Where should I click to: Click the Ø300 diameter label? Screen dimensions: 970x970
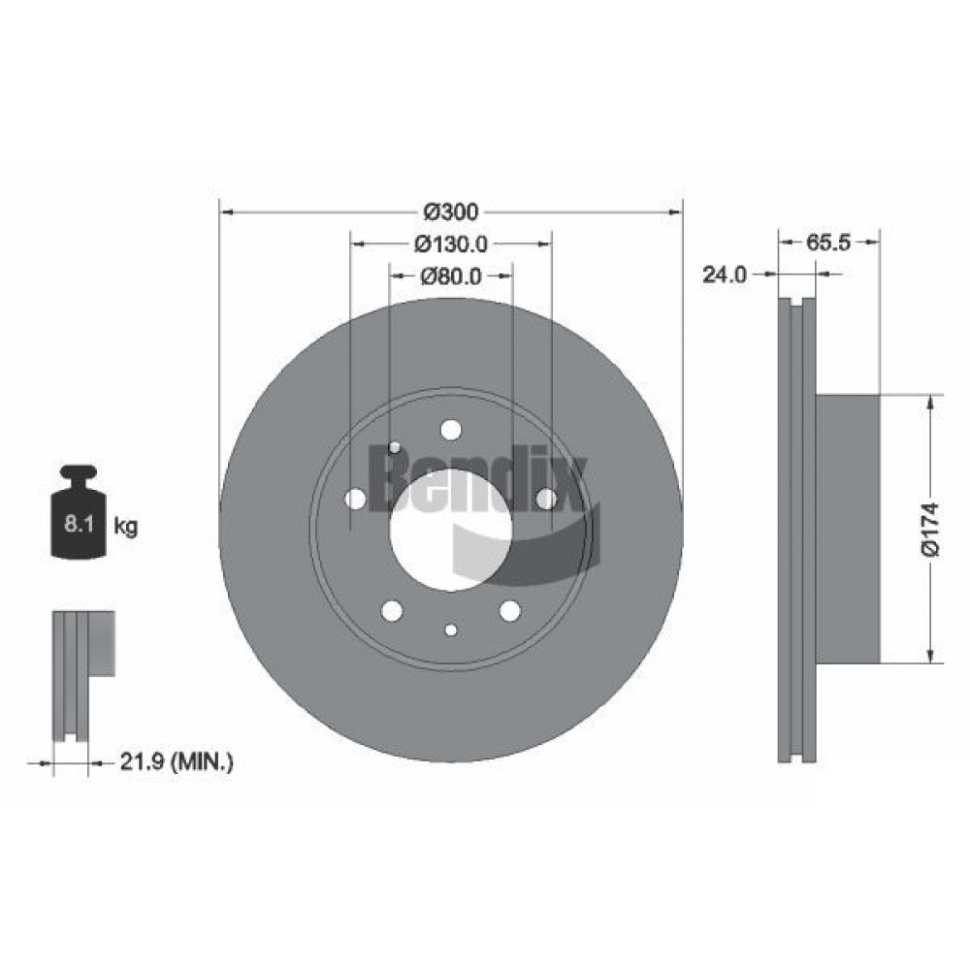(x=451, y=212)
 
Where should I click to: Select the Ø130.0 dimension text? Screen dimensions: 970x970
(x=451, y=244)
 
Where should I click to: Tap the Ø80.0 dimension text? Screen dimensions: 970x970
(x=451, y=275)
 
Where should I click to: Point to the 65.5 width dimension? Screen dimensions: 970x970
(x=828, y=242)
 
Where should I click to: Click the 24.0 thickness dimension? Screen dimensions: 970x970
(x=725, y=275)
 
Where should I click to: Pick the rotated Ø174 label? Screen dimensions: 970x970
(x=931, y=530)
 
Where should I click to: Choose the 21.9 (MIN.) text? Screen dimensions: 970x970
(x=177, y=762)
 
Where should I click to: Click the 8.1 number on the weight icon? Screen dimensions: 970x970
(x=79, y=525)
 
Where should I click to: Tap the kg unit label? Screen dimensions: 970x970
(x=126, y=527)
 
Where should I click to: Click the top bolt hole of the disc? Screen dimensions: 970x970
(x=451, y=430)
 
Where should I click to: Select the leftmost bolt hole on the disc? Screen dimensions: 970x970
(x=356, y=499)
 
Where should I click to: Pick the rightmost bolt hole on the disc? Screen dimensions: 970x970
(x=546, y=499)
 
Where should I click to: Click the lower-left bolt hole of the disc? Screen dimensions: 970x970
(x=392, y=610)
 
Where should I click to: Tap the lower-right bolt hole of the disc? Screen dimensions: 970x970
(x=510, y=610)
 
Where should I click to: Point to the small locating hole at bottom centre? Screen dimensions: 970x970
(x=451, y=630)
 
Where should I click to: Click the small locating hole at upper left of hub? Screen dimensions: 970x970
(x=394, y=447)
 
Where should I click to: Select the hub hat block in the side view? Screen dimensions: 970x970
(x=848, y=530)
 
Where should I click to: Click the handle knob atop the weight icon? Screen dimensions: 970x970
(x=79, y=473)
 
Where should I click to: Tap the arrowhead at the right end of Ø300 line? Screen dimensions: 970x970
(x=675, y=212)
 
